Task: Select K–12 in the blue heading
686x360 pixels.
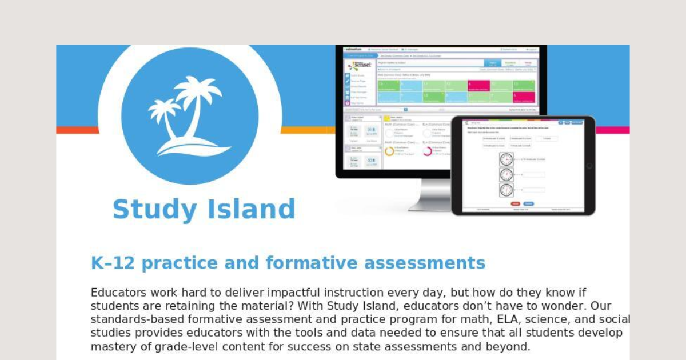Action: (x=113, y=263)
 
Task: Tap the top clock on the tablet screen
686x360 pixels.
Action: (x=506, y=159)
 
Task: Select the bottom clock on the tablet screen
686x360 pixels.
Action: (x=506, y=190)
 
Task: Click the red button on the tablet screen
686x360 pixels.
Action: (x=515, y=203)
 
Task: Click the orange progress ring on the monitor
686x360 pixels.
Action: (x=389, y=151)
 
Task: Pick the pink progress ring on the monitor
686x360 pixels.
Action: (x=427, y=151)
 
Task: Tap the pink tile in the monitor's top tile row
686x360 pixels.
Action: (x=478, y=85)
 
